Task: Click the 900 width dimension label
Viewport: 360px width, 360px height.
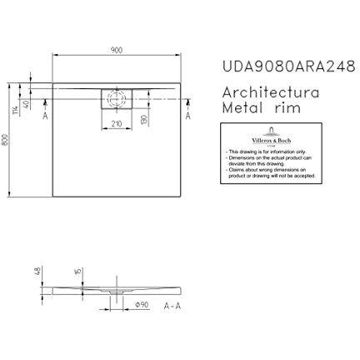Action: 117,49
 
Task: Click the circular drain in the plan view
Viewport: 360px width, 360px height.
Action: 117,97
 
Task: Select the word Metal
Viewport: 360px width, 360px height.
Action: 242,108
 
